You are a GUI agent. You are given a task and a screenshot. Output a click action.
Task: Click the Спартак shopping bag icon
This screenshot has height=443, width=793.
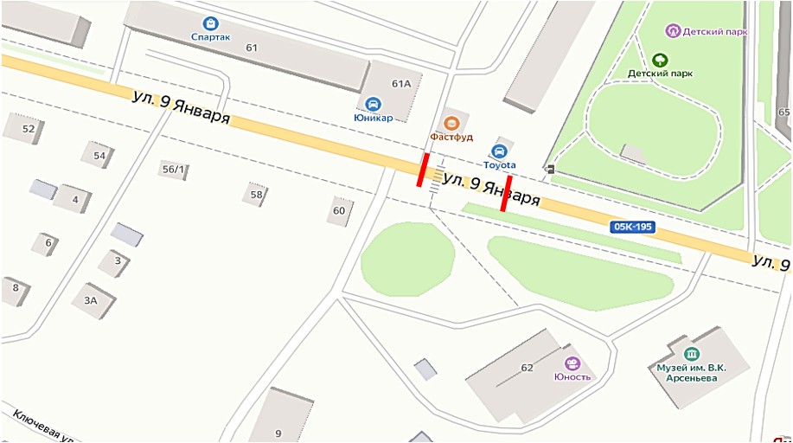(x=209, y=23)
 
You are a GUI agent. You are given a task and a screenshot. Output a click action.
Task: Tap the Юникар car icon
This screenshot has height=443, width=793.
(x=374, y=103)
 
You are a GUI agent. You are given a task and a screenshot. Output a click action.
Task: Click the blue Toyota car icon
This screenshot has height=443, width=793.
(x=499, y=151)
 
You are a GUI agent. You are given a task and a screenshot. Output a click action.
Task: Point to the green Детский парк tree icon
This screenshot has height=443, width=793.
(x=660, y=60)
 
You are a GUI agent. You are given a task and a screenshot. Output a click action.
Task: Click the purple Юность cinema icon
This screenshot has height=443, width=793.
(x=571, y=363)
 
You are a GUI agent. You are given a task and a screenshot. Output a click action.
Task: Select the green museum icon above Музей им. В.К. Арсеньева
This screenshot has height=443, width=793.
(x=691, y=353)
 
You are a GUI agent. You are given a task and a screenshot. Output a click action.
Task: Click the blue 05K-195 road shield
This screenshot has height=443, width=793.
(x=632, y=227)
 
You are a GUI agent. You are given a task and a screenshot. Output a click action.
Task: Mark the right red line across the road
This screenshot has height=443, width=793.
(x=507, y=193)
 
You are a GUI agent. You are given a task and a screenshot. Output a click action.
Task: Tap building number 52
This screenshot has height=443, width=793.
(x=28, y=129)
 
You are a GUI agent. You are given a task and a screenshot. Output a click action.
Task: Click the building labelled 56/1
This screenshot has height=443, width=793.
(x=173, y=169)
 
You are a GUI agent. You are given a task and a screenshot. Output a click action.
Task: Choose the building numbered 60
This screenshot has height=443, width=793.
(x=339, y=210)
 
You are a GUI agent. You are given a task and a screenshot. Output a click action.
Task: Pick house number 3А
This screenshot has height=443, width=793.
(x=90, y=300)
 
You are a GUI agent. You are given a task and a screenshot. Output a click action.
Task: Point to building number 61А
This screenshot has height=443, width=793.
(x=400, y=84)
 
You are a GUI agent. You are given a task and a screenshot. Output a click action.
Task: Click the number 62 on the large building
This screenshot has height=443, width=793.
(x=527, y=367)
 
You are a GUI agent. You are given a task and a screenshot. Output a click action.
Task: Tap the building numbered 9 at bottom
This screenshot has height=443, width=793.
(x=278, y=433)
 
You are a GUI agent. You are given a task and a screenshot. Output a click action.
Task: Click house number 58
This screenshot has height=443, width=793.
(x=256, y=195)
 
